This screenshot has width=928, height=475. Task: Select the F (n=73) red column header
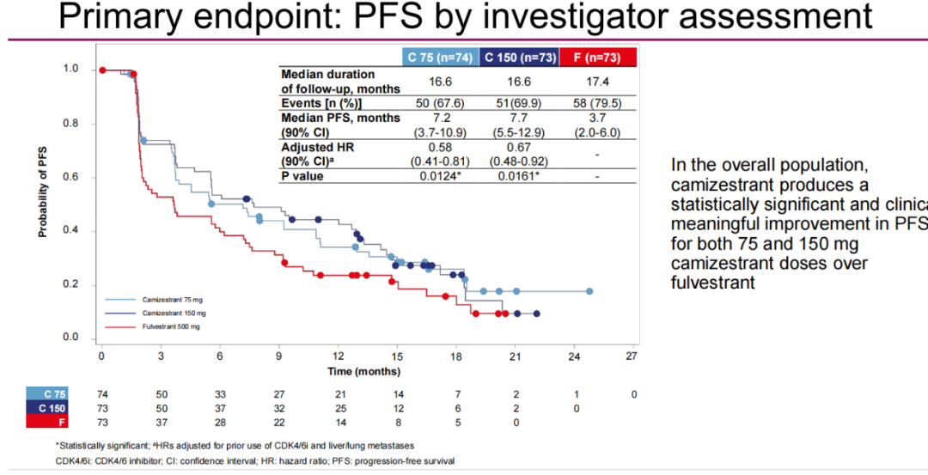click(x=596, y=58)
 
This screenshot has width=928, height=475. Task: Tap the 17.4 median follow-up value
click(x=597, y=82)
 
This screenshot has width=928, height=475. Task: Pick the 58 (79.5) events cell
click(x=597, y=103)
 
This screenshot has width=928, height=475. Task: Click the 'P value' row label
click(x=306, y=175)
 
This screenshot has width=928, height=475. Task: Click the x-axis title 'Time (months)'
click(x=363, y=371)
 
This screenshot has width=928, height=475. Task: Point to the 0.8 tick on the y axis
click(x=72, y=124)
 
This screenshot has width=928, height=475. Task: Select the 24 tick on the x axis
click(x=573, y=356)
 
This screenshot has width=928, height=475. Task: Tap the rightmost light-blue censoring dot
click(x=589, y=291)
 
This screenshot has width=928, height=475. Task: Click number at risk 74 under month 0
click(x=102, y=393)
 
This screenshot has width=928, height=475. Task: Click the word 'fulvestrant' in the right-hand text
click(x=713, y=282)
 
